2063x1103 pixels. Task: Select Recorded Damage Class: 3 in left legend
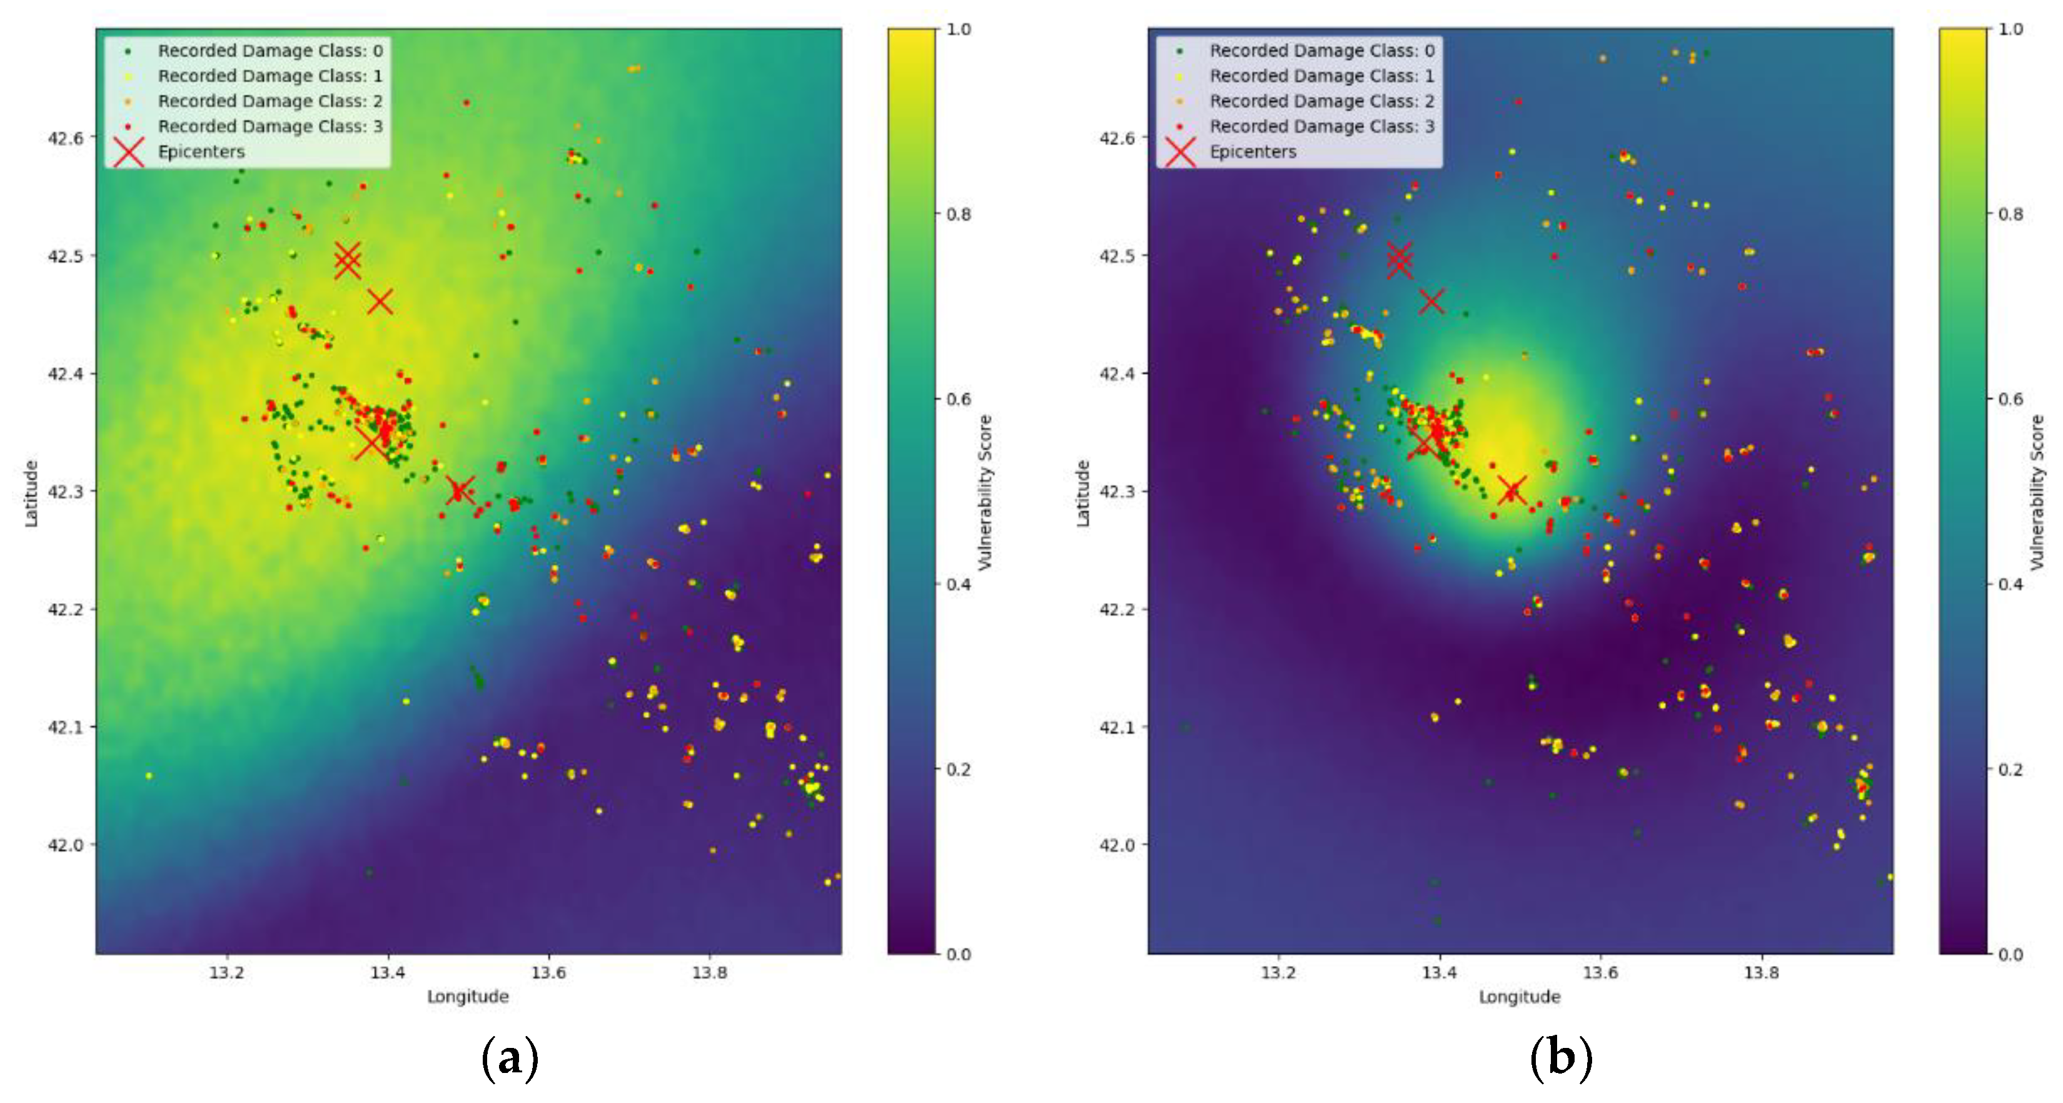[x=270, y=126]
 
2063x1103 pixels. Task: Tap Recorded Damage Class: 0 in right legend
[x=1321, y=51]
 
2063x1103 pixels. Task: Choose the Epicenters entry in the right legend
[x=1253, y=151]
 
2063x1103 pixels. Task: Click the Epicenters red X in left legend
[x=128, y=151]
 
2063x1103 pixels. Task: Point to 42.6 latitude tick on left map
[x=66, y=138]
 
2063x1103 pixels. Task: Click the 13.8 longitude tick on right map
[x=1761, y=972]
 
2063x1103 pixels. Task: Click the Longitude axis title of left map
[x=468, y=997]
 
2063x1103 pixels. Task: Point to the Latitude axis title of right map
[x=1082, y=492]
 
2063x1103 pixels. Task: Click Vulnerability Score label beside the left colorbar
[x=985, y=492]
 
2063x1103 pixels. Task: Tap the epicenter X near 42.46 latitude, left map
[x=380, y=302]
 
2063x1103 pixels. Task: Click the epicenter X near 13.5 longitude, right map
[x=1511, y=491]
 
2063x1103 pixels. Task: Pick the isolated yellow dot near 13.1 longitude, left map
[x=148, y=775]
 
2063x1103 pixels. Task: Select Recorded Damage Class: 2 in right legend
[x=1321, y=101]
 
